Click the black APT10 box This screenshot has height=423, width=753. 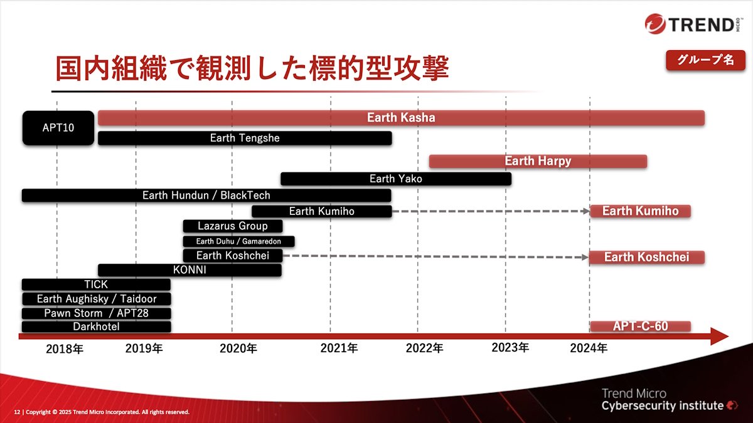(x=58, y=128)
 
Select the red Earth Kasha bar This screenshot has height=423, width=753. (x=401, y=118)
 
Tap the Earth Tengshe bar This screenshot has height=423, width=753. (x=245, y=138)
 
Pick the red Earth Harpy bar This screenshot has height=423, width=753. (x=538, y=161)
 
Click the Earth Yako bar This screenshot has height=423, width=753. (x=396, y=179)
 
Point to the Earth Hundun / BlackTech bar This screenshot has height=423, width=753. (x=206, y=196)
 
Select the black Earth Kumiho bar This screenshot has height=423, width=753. (x=322, y=211)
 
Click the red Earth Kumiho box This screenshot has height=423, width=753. (x=641, y=211)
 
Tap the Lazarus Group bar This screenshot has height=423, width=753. (x=233, y=226)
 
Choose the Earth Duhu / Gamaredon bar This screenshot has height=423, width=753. (x=238, y=241)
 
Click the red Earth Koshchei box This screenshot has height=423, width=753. (x=647, y=257)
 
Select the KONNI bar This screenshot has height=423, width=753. (x=190, y=270)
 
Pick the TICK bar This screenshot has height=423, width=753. (x=96, y=285)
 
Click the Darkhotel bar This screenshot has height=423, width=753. (x=96, y=326)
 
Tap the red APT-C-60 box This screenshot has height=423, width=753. (x=641, y=326)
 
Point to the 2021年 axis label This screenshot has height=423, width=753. (x=339, y=348)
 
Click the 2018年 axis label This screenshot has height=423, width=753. (x=65, y=349)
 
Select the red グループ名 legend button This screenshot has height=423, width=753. (x=705, y=60)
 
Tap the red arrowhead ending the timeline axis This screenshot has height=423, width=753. (x=719, y=337)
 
